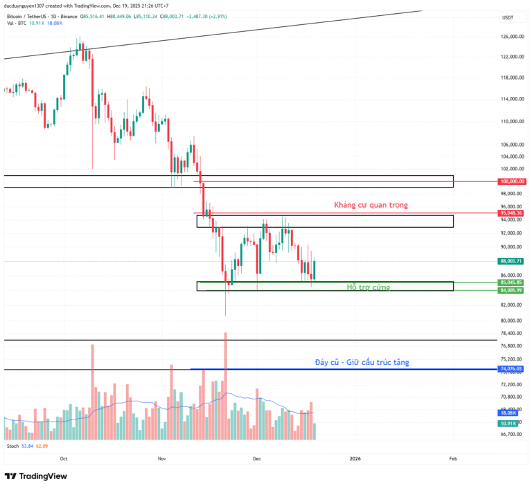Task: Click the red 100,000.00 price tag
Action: (x=511, y=181)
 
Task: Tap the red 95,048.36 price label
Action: (x=511, y=213)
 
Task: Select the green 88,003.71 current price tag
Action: (x=511, y=261)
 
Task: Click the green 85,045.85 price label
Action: (x=511, y=282)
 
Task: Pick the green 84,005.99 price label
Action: (x=511, y=290)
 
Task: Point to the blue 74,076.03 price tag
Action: (x=511, y=369)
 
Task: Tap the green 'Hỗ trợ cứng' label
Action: (x=368, y=287)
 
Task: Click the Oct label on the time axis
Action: (x=64, y=458)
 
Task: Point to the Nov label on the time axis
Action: (x=162, y=458)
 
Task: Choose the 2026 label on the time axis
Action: (x=355, y=458)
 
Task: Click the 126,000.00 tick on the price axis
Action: (x=511, y=37)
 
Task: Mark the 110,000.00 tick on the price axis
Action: (x=511, y=122)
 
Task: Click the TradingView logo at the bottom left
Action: (x=35, y=476)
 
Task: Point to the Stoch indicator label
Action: (x=12, y=446)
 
